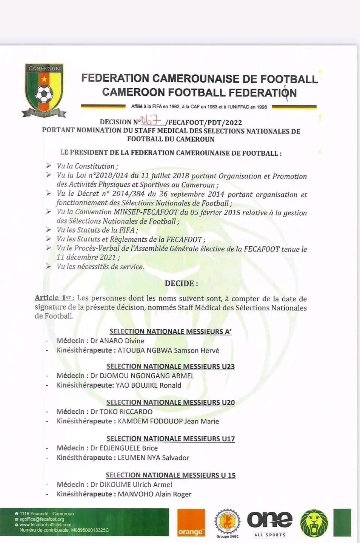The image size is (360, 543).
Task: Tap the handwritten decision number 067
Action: (x=152, y=120)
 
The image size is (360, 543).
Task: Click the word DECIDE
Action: (x=181, y=284)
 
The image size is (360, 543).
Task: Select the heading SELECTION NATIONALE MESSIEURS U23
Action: (x=171, y=366)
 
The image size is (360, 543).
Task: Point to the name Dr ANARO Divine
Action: (x=117, y=341)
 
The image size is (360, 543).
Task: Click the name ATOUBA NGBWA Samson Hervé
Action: (x=168, y=350)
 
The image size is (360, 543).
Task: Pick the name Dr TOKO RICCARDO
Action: (x=122, y=411)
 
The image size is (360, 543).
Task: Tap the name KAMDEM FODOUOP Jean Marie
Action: (x=168, y=421)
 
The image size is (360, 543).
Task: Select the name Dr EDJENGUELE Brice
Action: (x=124, y=448)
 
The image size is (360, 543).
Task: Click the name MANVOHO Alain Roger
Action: (x=155, y=494)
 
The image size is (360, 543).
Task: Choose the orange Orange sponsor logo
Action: (x=191, y=523)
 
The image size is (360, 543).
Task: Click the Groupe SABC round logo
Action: (x=228, y=523)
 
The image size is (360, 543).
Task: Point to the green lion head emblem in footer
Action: (x=314, y=523)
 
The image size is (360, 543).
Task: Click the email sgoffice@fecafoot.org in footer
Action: (x=42, y=519)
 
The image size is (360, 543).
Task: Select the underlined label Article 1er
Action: (x=54, y=298)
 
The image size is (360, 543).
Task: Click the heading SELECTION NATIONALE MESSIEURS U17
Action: (x=171, y=439)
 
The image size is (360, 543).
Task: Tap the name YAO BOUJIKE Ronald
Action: (x=148, y=385)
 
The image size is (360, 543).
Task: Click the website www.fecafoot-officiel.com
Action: (x=45, y=525)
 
